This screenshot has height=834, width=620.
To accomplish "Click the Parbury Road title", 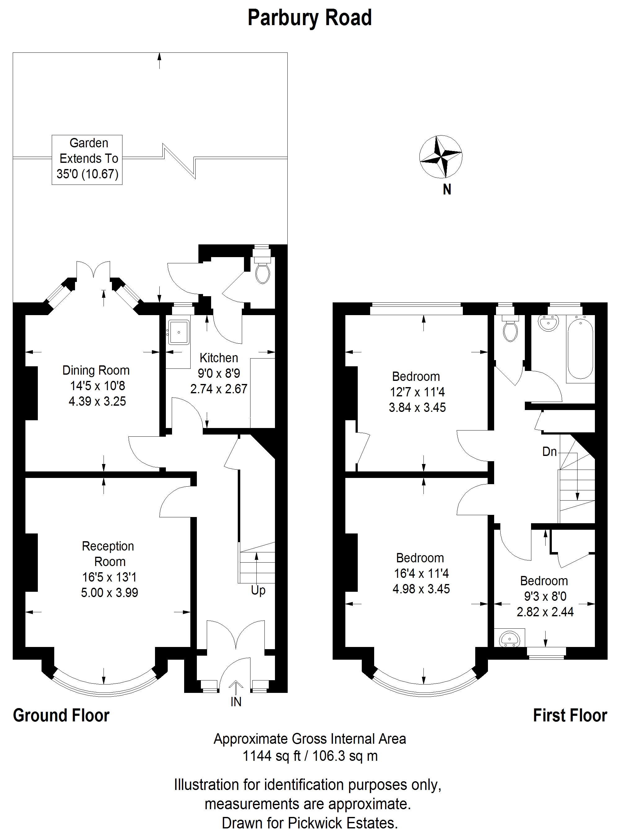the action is point(310,18).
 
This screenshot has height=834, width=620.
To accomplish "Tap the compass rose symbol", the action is point(441,157).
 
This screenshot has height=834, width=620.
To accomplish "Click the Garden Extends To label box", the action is point(87,160).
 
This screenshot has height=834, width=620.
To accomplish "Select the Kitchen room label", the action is point(219,358).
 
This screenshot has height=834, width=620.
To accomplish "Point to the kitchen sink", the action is point(178,332).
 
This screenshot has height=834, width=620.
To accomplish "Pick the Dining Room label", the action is point(96,370).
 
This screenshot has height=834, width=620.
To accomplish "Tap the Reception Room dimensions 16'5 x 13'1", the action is point(109,577).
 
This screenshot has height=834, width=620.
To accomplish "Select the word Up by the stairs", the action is point(258,591).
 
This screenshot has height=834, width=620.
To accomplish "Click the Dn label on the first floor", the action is point(549,451).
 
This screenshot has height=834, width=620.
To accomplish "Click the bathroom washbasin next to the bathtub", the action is point(548,323).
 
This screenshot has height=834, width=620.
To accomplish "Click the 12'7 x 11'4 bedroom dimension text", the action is point(417,392).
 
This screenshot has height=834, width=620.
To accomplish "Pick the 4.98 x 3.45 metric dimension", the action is point(421,589).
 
